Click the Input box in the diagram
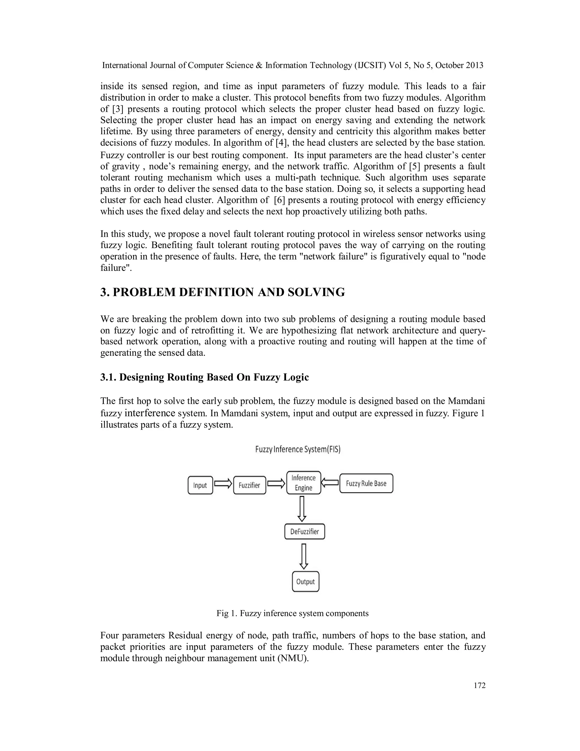click(x=200, y=485)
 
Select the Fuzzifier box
click(x=250, y=485)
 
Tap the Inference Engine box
click(x=303, y=483)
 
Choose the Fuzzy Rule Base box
click(x=366, y=483)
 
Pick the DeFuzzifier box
click(x=304, y=532)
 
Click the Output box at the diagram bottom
click(x=306, y=582)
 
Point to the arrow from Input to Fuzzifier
click(x=223, y=484)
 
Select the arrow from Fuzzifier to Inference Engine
click(x=276, y=484)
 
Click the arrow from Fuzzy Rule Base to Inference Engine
click(x=330, y=483)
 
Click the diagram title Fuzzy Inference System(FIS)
click(x=298, y=449)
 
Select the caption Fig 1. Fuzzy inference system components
click(x=292, y=613)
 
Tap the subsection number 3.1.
click(x=108, y=377)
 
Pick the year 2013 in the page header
click(x=474, y=65)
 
